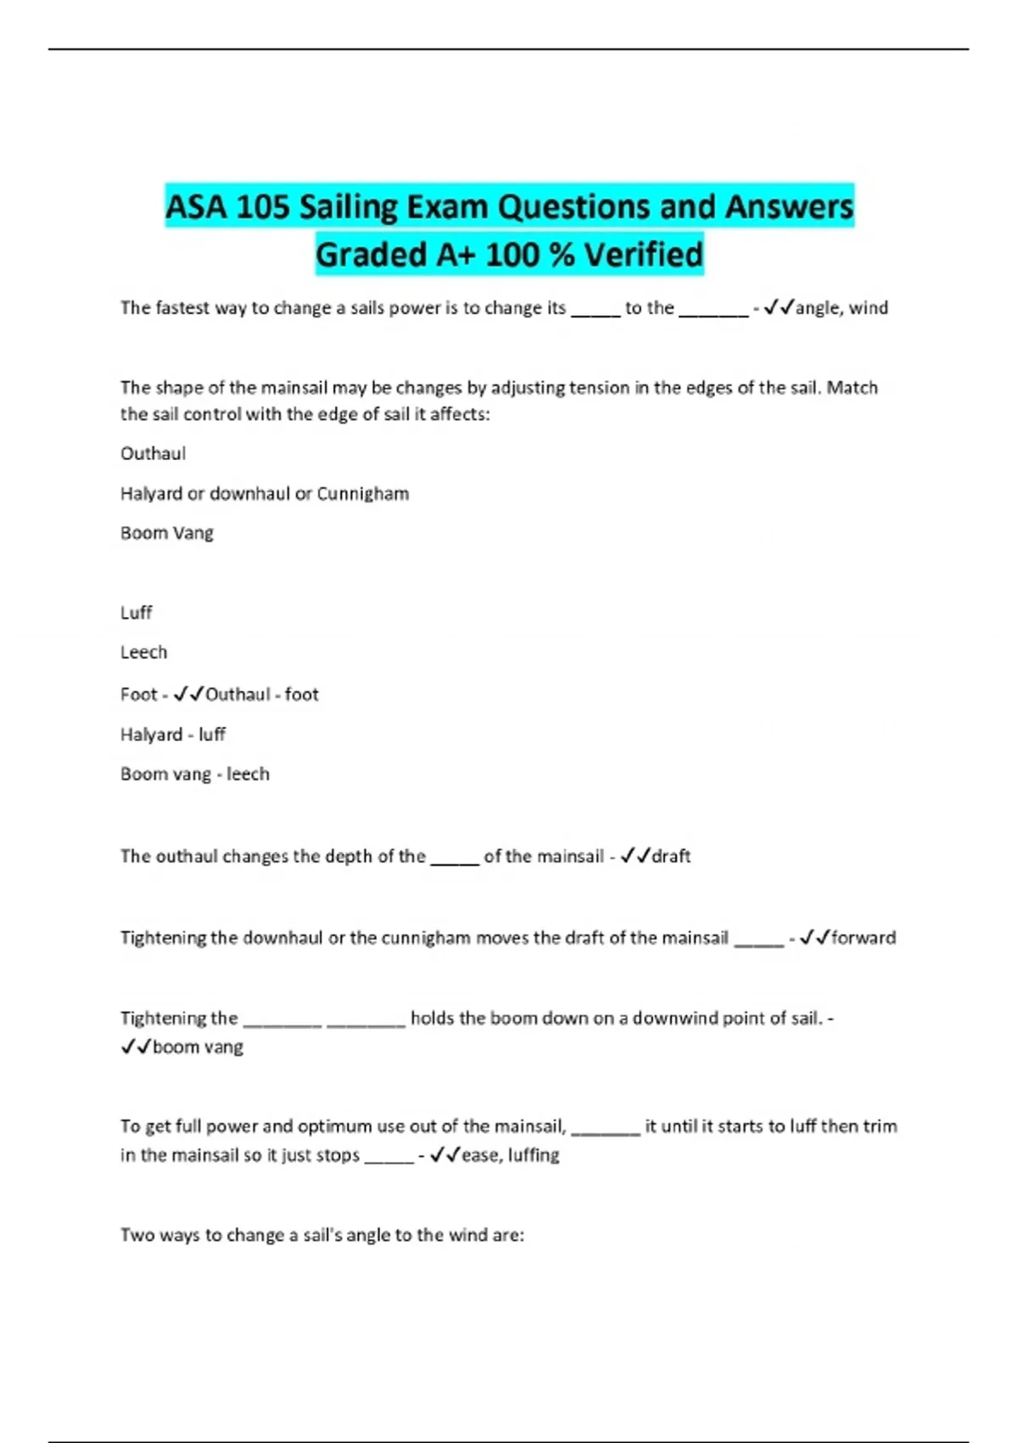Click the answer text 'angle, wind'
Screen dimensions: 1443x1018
tap(842, 308)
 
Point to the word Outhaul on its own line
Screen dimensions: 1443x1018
tap(153, 453)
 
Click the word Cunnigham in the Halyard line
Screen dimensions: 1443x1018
tap(362, 493)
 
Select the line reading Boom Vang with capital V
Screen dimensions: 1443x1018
tap(167, 533)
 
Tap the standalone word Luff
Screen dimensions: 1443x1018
tap(136, 612)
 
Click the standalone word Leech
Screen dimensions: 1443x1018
tap(143, 652)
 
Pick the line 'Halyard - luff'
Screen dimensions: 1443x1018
tap(173, 734)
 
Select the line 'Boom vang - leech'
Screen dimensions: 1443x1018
tap(195, 774)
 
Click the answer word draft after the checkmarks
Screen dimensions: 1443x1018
tap(671, 856)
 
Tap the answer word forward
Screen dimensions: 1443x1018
tap(863, 938)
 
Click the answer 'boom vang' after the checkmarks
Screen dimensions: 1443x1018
tap(198, 1047)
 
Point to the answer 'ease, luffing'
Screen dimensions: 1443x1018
tap(510, 1155)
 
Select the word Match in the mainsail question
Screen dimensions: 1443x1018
tap(852, 388)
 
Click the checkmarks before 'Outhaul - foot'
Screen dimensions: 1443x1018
tap(188, 694)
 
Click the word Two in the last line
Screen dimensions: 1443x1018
tap(137, 1235)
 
